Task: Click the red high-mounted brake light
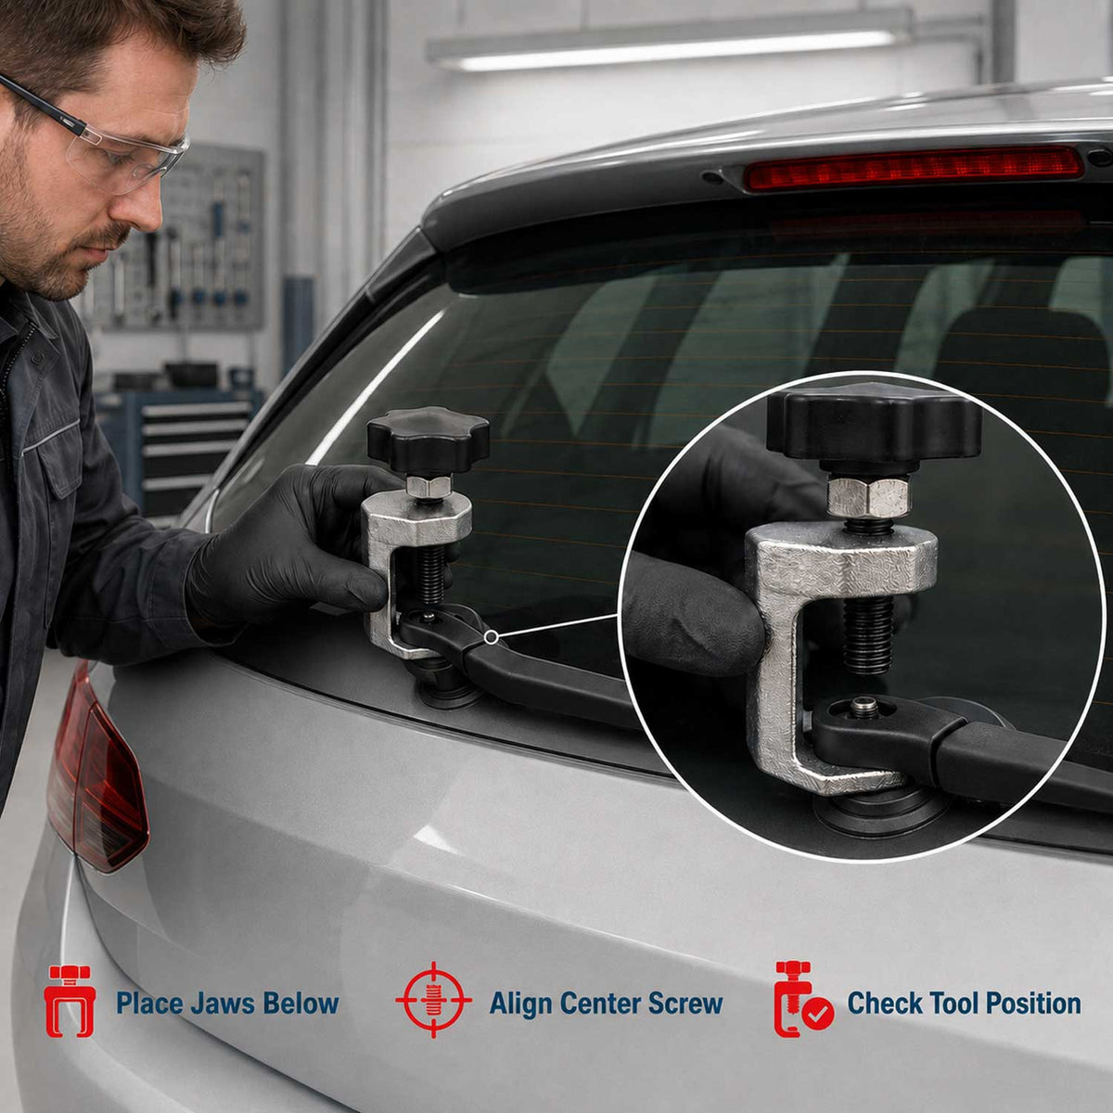[x=914, y=167]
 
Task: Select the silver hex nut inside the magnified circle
[x=869, y=497]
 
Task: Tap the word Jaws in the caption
[x=223, y=1004]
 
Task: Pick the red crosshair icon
[x=434, y=1000]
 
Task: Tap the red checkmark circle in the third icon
[x=817, y=1014]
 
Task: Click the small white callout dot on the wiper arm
[x=491, y=637]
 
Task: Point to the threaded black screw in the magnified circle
[x=868, y=635]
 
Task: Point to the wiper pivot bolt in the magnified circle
[x=861, y=707]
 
